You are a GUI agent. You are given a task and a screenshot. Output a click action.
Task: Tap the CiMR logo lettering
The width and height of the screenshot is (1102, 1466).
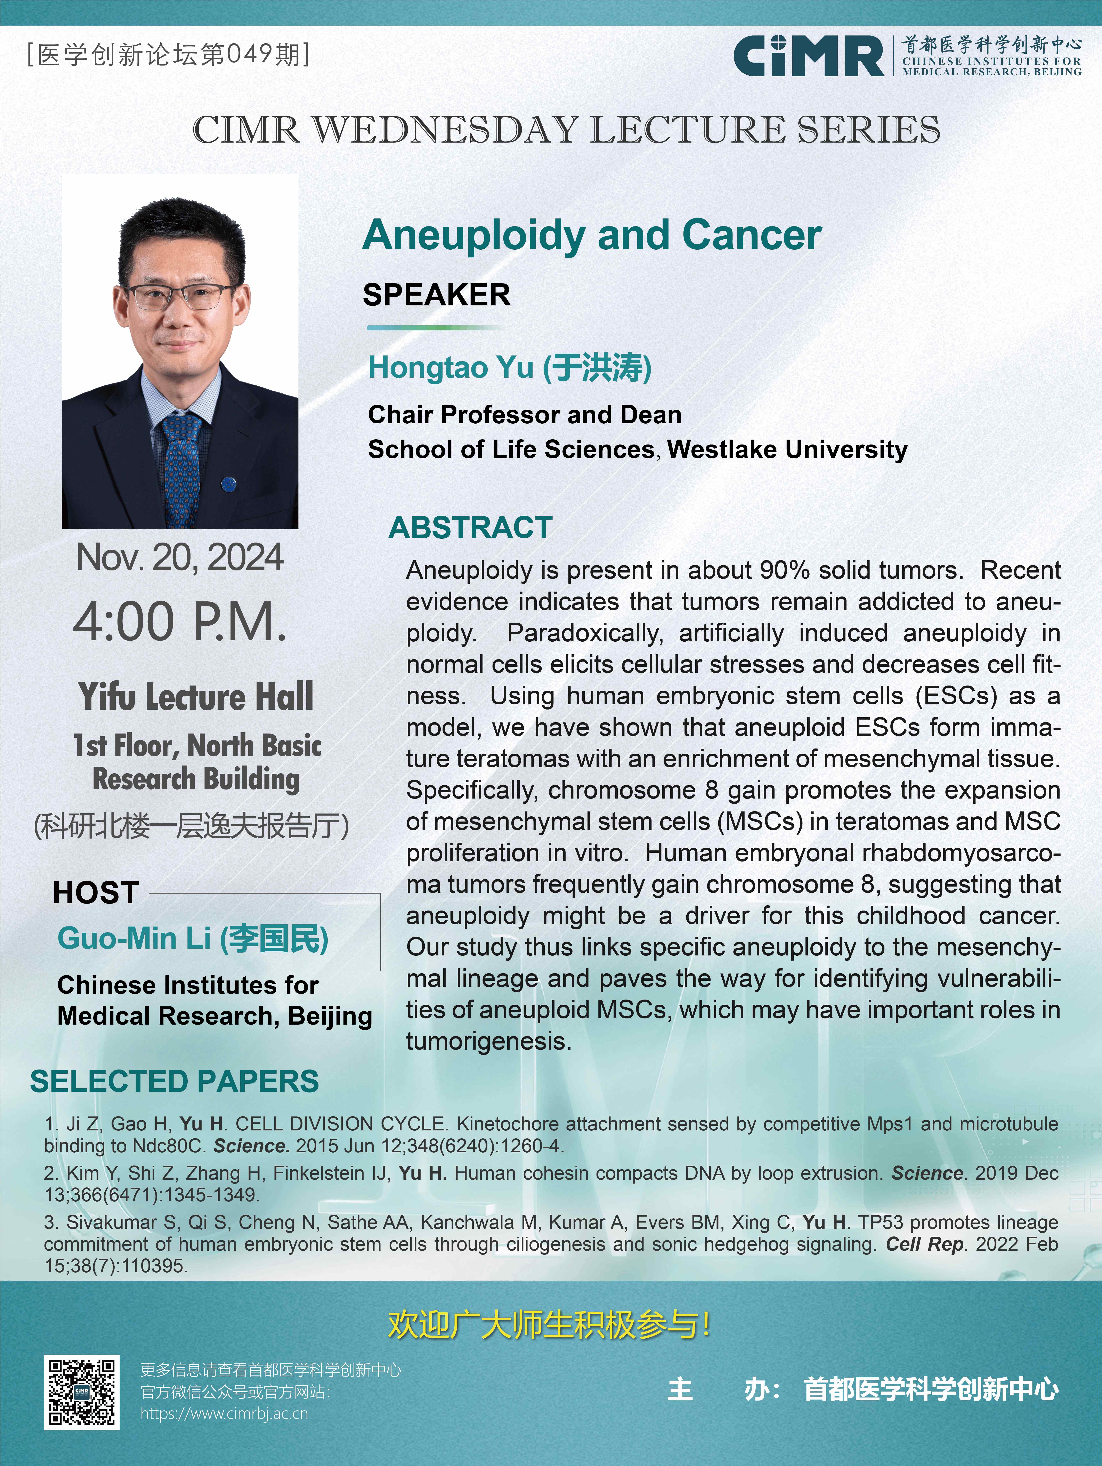[x=808, y=56]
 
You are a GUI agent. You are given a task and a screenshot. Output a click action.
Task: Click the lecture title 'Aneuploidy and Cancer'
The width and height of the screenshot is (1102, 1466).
[x=592, y=235]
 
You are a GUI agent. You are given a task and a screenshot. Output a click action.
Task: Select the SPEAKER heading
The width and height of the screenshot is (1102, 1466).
[x=437, y=295]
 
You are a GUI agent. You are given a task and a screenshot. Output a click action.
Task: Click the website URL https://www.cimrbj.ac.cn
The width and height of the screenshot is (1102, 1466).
[x=224, y=1414]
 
